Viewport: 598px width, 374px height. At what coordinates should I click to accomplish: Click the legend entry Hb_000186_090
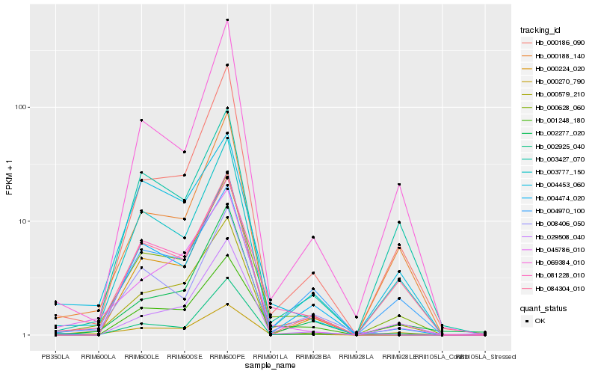pyautogui.click(x=554, y=43)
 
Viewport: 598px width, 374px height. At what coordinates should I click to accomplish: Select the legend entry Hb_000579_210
pyautogui.click(x=554, y=95)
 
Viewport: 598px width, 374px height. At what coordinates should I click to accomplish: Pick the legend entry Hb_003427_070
pyautogui.click(x=554, y=159)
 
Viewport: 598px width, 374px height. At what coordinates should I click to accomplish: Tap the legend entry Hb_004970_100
pyautogui.click(x=554, y=211)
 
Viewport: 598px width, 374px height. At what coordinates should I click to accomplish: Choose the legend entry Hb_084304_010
pyautogui.click(x=554, y=288)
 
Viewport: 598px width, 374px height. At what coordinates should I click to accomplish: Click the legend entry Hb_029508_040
pyautogui.click(x=554, y=236)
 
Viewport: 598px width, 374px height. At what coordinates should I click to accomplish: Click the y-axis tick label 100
pyautogui.click(x=21, y=107)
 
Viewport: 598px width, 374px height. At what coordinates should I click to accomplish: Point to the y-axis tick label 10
pyautogui.click(x=23, y=221)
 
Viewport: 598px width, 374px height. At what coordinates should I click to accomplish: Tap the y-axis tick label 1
pyautogui.click(x=25, y=335)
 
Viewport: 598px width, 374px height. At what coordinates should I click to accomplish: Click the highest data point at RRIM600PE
pyautogui.click(x=227, y=20)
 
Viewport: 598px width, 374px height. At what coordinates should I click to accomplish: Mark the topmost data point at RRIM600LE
pyautogui.click(x=141, y=120)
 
